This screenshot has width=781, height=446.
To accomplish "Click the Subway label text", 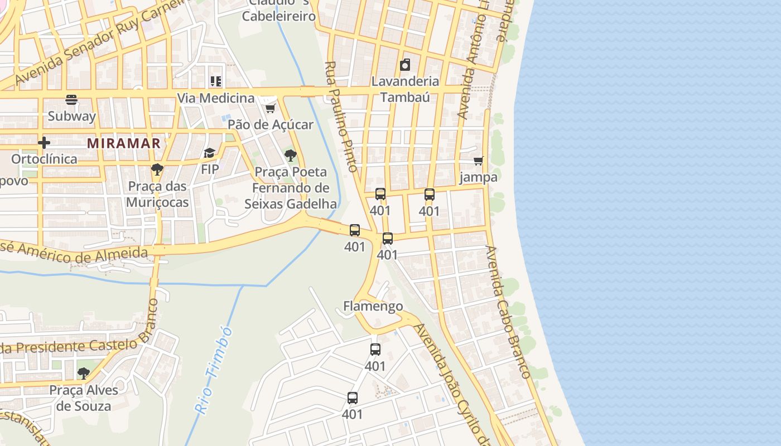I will click(71, 116).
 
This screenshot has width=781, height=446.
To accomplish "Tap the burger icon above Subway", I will click(71, 100).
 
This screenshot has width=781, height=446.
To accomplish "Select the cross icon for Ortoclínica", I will click(44, 143).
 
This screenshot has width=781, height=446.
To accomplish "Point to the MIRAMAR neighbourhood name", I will click(124, 143).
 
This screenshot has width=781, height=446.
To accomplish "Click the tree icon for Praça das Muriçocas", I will click(157, 169).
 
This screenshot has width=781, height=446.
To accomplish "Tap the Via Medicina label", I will click(215, 98).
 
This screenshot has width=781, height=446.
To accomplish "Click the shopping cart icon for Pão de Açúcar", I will click(271, 108).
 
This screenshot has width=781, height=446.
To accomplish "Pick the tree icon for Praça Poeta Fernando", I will click(290, 156).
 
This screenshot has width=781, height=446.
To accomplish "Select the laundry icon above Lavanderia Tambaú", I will click(405, 65).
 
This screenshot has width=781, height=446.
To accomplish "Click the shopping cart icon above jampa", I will click(478, 161).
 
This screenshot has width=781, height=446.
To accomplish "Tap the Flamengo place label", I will click(373, 306).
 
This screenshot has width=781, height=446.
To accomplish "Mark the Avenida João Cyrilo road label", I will click(452, 385).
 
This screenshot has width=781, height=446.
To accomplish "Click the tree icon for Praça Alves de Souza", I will click(84, 373).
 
